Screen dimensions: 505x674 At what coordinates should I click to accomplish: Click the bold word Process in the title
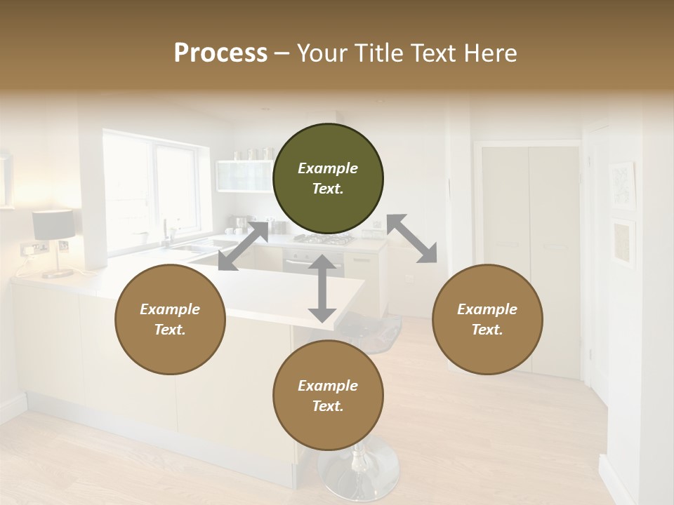[220, 53]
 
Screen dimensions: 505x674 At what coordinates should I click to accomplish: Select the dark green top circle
[328, 179]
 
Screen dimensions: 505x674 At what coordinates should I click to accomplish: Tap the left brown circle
[170, 320]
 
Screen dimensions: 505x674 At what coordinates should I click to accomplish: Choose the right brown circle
[487, 320]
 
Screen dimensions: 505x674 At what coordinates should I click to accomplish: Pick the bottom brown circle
[328, 396]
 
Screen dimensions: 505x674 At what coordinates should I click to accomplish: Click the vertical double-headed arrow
[322, 288]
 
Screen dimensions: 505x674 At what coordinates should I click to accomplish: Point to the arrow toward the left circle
[243, 245]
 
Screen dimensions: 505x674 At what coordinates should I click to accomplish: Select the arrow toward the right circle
[412, 238]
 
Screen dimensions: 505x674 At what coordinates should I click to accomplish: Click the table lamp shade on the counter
[53, 224]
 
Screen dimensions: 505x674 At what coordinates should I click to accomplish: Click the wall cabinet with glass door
[243, 175]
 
